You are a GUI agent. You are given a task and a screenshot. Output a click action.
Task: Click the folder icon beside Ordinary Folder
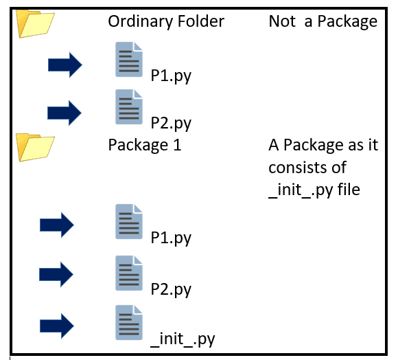[x=35, y=24]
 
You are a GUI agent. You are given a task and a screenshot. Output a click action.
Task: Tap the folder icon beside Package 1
[x=35, y=147]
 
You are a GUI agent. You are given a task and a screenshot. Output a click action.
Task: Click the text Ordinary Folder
[x=166, y=21]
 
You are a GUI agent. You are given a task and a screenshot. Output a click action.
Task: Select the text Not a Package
[x=323, y=21]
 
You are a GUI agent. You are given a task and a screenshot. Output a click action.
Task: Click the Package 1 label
[x=145, y=145]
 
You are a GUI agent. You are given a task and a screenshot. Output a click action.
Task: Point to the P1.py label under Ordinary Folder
[x=171, y=76]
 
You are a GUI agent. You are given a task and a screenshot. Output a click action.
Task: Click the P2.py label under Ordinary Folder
[x=171, y=123]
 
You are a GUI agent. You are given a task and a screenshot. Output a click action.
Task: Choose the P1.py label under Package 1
[x=171, y=238]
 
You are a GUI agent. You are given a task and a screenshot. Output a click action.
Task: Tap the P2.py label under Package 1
[x=171, y=289]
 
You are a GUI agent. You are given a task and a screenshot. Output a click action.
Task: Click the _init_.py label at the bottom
[x=183, y=339]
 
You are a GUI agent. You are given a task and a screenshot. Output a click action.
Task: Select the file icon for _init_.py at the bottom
[x=129, y=322]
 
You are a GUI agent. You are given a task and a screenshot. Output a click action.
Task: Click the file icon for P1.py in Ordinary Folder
[x=129, y=59]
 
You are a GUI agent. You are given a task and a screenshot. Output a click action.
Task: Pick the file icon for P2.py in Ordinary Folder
[x=129, y=106]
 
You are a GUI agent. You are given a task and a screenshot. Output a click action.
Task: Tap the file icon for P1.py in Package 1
[x=129, y=221]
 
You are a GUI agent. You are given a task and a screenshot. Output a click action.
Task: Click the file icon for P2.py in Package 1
[x=129, y=273]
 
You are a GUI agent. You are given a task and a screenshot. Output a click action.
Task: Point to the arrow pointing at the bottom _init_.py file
[x=57, y=326]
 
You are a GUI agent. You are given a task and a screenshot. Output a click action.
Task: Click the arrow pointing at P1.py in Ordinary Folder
[x=65, y=65]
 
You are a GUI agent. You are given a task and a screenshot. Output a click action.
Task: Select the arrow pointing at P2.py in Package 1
[x=56, y=275]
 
